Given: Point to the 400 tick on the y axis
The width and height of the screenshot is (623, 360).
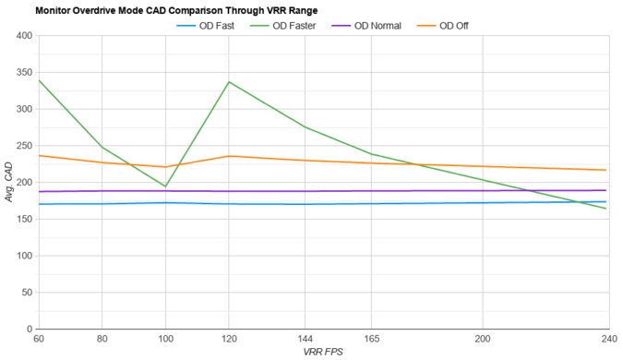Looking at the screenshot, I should (23, 36).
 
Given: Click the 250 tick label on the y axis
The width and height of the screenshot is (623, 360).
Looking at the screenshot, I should (23, 146).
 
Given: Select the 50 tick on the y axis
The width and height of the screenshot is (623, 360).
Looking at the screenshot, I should (26, 292).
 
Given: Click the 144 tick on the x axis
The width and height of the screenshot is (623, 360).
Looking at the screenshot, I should (305, 338).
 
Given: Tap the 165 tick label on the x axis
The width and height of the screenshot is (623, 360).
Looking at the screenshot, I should (371, 338).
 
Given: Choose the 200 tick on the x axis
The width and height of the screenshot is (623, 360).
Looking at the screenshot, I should (482, 338).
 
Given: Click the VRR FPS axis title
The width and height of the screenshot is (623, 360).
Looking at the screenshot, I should (322, 352).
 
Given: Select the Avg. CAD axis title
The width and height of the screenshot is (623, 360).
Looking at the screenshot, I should (8, 183).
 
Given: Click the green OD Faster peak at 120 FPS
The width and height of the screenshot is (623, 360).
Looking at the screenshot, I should (228, 82).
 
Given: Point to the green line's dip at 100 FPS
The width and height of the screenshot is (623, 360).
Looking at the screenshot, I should (165, 186).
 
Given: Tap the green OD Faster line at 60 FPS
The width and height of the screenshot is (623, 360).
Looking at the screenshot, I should (38, 80).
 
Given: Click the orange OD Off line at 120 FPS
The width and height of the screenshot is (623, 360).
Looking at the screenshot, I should (228, 156).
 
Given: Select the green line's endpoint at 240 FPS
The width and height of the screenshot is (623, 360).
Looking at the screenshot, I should (606, 209).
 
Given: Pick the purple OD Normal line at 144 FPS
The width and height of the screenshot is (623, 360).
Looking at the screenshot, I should (305, 191).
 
